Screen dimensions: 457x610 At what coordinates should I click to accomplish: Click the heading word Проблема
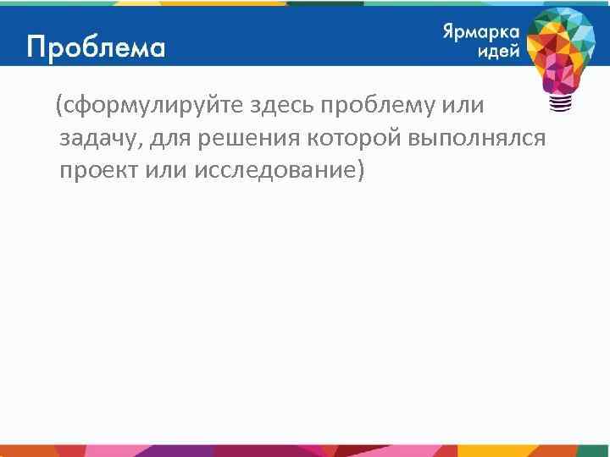[96, 47]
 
